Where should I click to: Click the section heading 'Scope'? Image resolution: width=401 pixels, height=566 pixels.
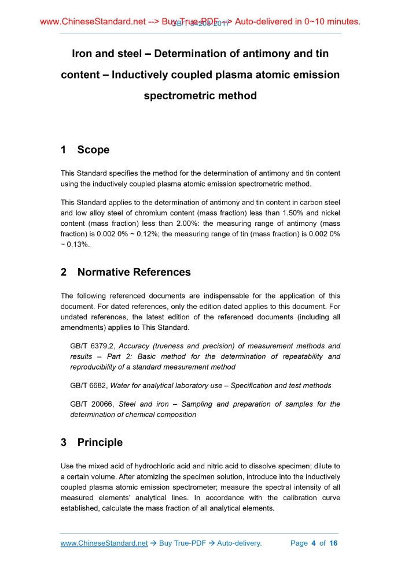(93, 150)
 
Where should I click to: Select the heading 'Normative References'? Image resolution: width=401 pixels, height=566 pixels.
(134, 271)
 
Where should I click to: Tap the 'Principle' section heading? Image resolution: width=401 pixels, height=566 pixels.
(100, 442)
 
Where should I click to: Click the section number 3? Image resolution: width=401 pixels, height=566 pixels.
(64, 442)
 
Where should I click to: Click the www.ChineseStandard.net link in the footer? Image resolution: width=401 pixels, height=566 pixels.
(104, 543)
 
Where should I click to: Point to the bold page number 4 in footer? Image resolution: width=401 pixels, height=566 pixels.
(313, 543)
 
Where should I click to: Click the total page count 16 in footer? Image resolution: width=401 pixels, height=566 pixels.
(333, 543)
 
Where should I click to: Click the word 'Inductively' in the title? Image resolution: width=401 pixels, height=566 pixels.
(146, 75)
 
